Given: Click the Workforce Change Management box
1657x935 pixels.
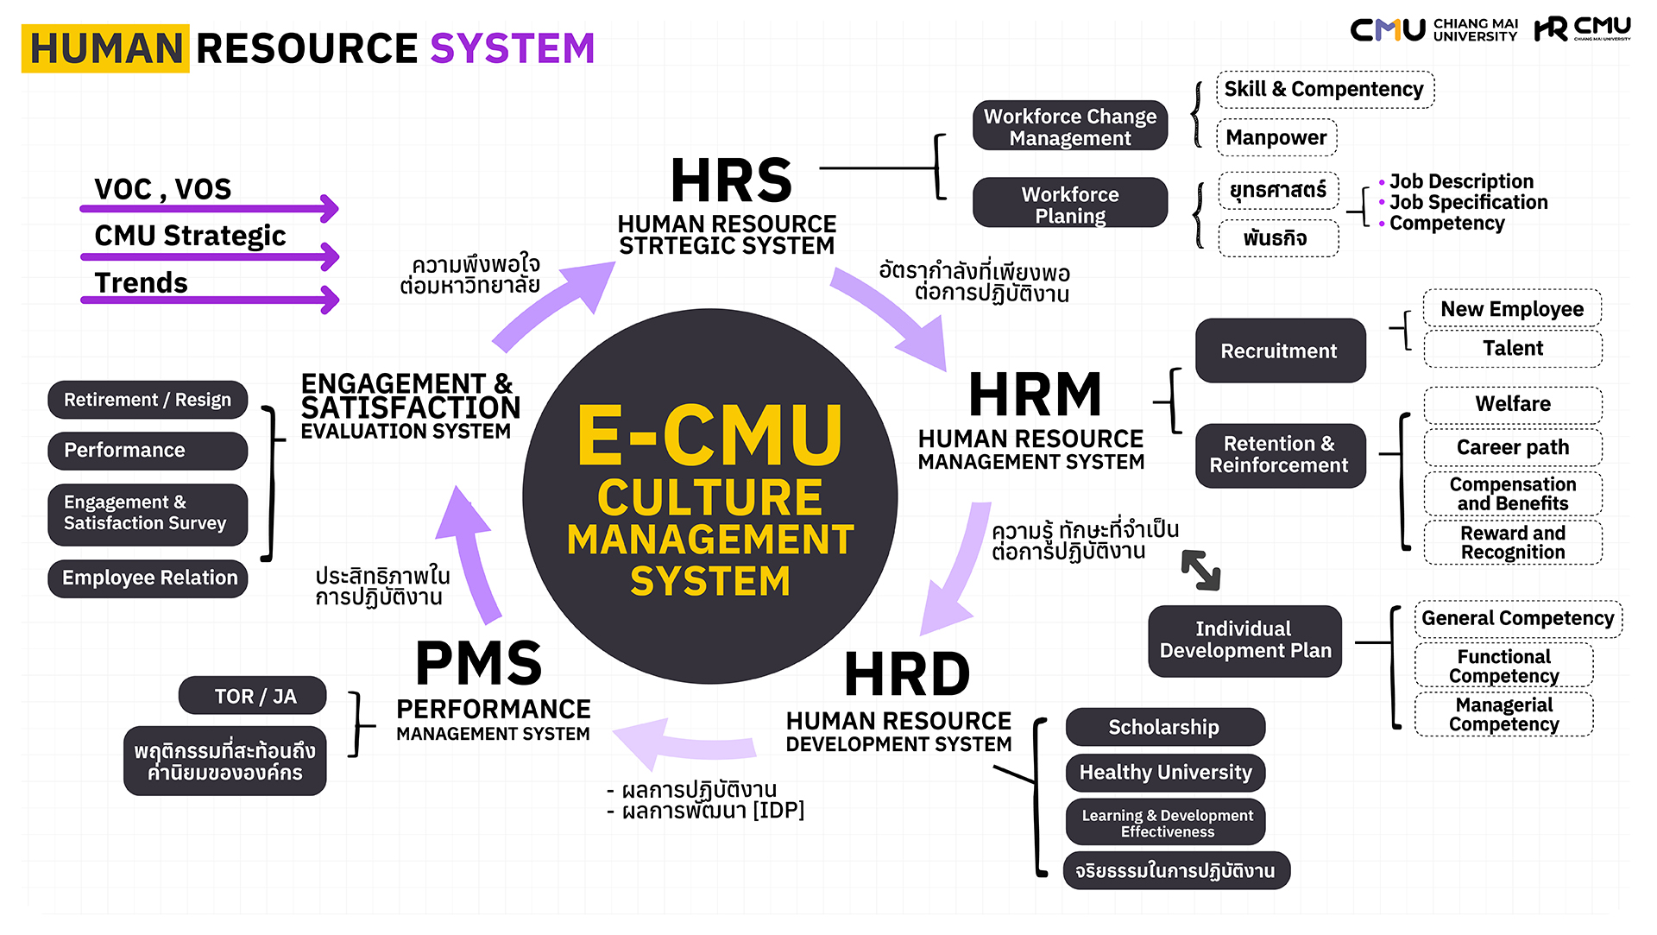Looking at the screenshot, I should tap(1070, 126).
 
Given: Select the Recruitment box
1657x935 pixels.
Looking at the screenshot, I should tap(1280, 351).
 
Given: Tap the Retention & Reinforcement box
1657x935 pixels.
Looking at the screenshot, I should tap(1280, 455).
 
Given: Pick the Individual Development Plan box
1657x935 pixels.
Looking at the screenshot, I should tap(1244, 640).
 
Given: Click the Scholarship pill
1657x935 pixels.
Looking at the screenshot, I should tap(1164, 727).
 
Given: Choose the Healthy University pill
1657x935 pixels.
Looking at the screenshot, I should tap(1164, 772).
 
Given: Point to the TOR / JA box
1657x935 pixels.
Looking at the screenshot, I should tap(253, 696).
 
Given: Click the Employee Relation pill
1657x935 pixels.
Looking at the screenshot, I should tap(148, 578).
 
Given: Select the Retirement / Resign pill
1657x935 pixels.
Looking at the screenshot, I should tap(148, 400).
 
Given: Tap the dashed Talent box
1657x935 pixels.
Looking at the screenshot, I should tap(1512, 348).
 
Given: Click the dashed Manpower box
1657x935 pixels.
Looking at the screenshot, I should tap(1276, 137).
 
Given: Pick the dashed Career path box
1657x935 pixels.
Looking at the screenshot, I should tap(1512, 447).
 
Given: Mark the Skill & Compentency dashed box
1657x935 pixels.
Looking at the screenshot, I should tap(1324, 89).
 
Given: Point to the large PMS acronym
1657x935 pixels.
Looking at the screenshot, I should tap(479, 663).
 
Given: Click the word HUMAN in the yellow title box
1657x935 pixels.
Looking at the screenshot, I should tap(106, 48).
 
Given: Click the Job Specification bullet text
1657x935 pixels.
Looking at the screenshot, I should tap(1468, 202).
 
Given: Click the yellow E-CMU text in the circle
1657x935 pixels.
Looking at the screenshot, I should tap(709, 436).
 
